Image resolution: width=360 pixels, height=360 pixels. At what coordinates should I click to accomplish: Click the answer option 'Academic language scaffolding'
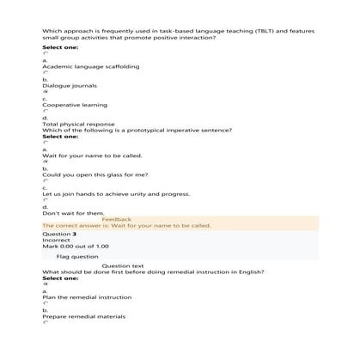coord(90,66)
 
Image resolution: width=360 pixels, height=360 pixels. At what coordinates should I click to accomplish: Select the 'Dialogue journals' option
coord(70,86)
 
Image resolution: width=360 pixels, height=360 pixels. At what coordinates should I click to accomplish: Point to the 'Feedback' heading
coord(117,219)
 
